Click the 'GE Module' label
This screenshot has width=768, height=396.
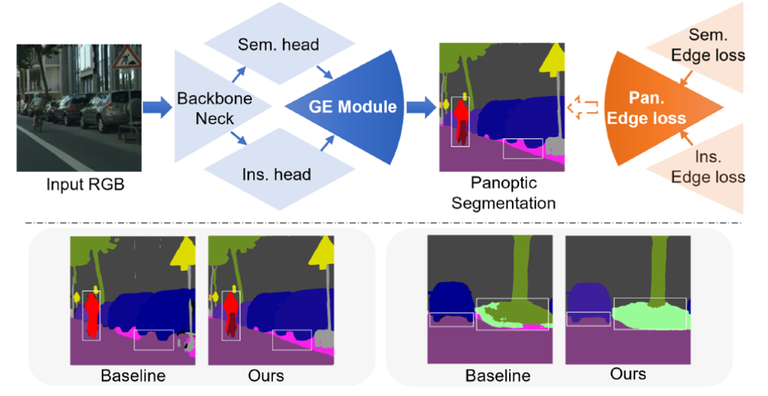pyautogui.click(x=353, y=107)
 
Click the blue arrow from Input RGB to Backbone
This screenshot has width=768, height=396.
pyautogui.click(x=157, y=108)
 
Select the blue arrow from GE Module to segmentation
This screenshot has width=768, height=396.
pyautogui.click(x=422, y=108)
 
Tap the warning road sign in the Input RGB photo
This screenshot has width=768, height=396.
pyautogui.click(x=129, y=55)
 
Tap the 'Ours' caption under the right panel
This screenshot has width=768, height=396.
pyautogui.click(x=627, y=373)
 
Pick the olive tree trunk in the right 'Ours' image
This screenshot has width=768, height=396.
pyautogui.click(x=658, y=270)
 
